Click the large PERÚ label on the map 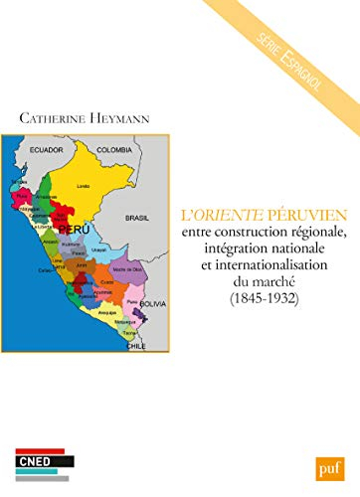click(x=68, y=229)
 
